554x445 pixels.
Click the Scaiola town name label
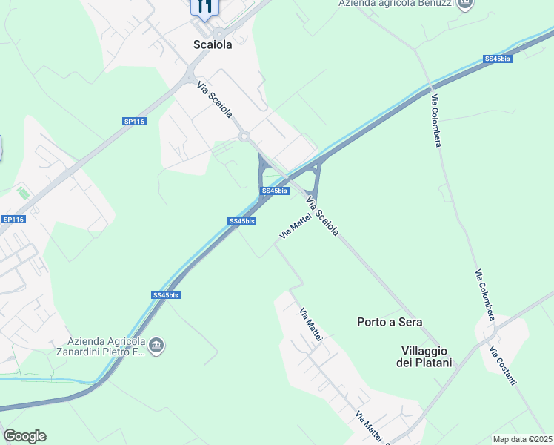pos(213,44)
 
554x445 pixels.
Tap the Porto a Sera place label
pos(390,322)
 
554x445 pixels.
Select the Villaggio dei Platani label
pos(426,356)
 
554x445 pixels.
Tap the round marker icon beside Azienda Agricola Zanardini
pos(156,346)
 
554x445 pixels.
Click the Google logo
pos(24,436)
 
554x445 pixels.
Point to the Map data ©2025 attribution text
pos(522,439)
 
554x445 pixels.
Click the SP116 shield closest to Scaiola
pos(134,121)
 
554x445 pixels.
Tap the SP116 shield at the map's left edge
pos(13,220)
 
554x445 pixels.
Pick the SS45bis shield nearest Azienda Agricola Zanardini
pos(166,294)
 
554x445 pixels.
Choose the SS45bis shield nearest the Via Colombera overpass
pos(497,59)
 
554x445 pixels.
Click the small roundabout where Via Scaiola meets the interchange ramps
pos(244,136)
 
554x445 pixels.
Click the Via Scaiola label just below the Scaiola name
pos(215,99)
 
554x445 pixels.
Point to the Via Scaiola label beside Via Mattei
pos(323,214)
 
